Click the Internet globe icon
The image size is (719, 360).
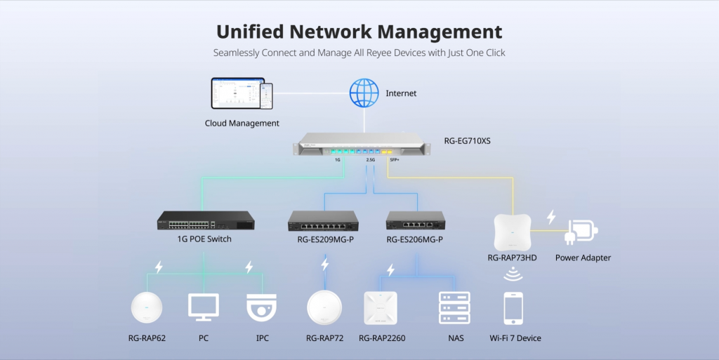click(364, 93)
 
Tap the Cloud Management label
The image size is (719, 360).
click(242, 124)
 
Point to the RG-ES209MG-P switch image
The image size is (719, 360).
click(323, 222)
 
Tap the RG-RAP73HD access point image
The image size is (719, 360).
click(512, 231)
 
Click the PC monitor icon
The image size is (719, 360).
click(204, 307)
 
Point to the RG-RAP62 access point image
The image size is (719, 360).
click(147, 308)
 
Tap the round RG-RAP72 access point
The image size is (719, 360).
click(324, 308)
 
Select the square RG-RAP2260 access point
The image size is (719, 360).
click(380, 308)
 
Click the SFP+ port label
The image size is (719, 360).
click(394, 160)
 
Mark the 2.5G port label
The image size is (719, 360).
click(370, 160)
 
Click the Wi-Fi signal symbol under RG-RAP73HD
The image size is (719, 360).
click(513, 276)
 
